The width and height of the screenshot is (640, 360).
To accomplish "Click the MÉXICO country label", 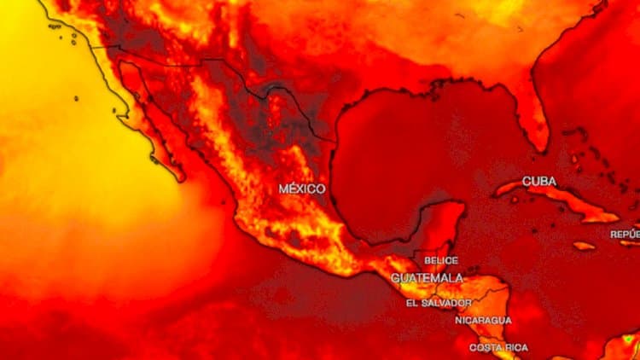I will click(x=301, y=188).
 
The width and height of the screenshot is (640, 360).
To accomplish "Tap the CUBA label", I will click(x=538, y=181).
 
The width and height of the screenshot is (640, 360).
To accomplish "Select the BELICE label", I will click(x=440, y=260).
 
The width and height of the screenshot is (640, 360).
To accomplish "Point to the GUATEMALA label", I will click(x=427, y=278).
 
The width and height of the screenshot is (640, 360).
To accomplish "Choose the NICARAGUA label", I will click(x=483, y=320).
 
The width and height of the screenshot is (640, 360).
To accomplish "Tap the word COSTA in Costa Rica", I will click(x=484, y=347).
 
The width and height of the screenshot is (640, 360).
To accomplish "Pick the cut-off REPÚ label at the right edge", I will click(x=625, y=234).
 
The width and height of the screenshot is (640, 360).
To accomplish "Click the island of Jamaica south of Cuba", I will click(x=584, y=246).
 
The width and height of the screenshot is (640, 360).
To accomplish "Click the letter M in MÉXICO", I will click(x=283, y=188).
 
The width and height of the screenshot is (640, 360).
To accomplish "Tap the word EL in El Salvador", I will click(x=412, y=303).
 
